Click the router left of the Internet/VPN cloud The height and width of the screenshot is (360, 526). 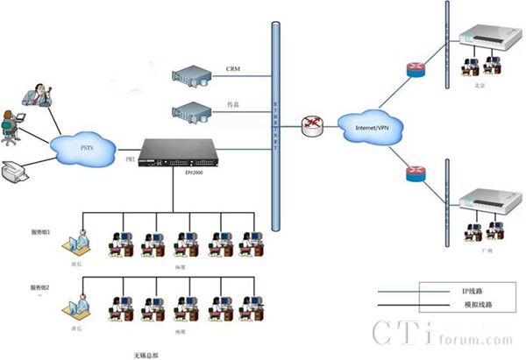click(x=310, y=126)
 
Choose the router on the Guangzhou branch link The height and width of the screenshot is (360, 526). click(x=415, y=173)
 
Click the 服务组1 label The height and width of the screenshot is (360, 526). click(x=42, y=231)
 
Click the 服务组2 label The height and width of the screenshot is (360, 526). click(x=42, y=287)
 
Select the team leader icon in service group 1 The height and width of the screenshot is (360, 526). click(x=81, y=242)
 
